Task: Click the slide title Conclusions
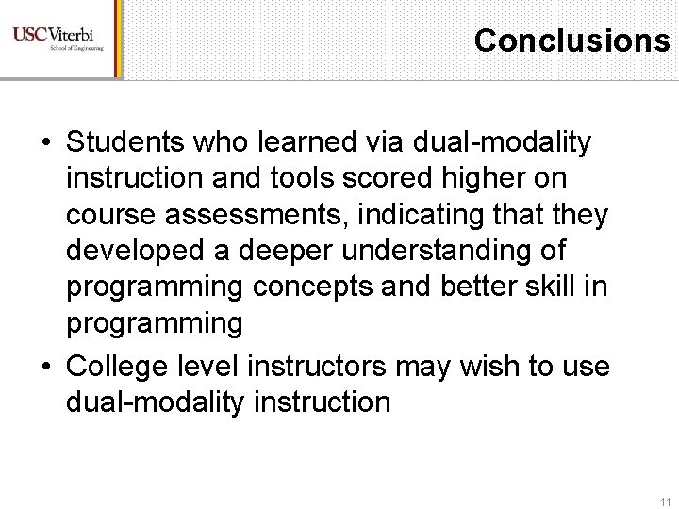[x=572, y=40]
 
